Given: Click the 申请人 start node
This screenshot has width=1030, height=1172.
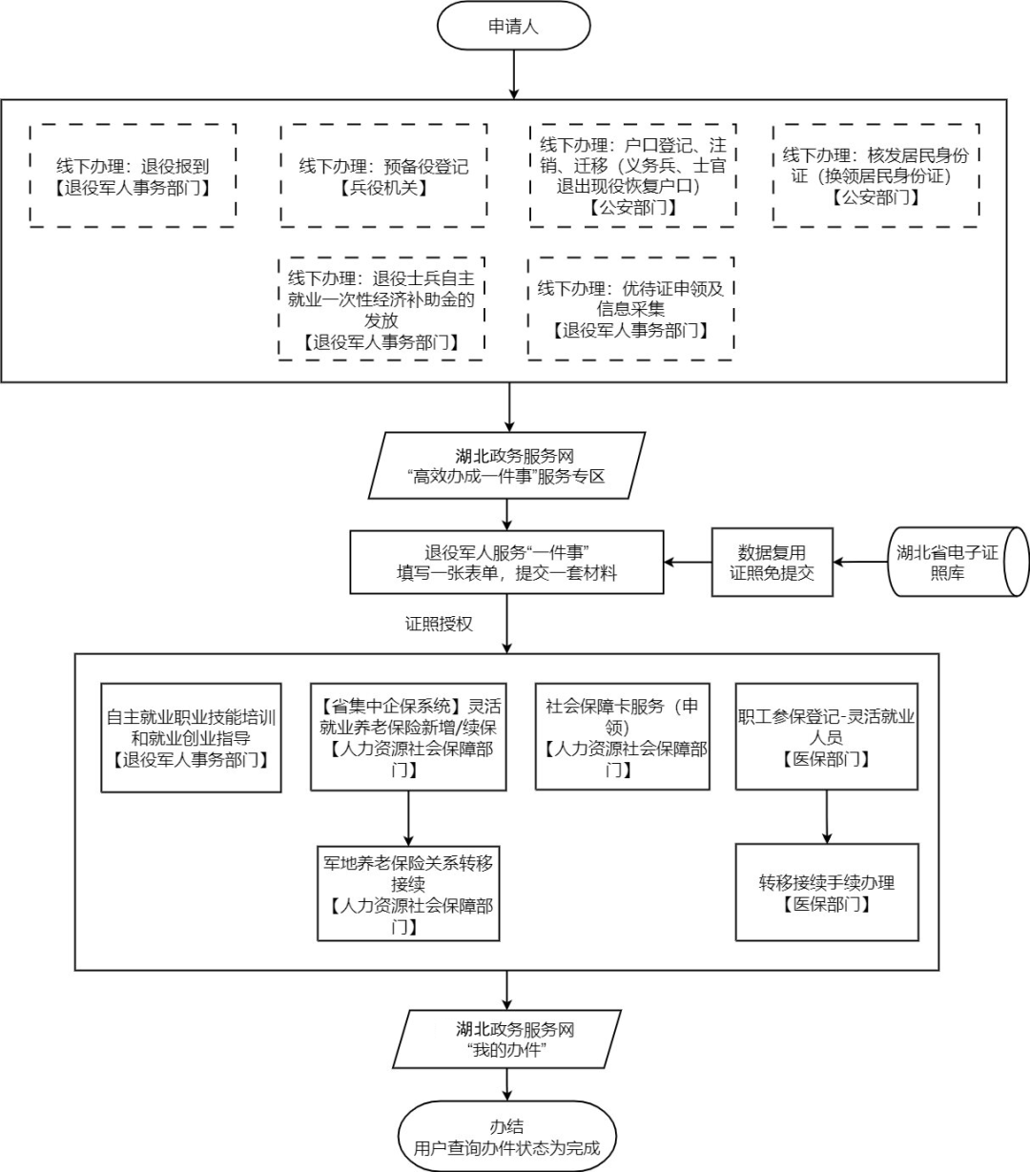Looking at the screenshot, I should [x=514, y=27].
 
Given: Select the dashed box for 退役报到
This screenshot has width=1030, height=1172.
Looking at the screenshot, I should [x=133, y=175].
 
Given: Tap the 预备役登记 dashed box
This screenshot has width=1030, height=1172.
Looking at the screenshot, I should [x=383, y=175].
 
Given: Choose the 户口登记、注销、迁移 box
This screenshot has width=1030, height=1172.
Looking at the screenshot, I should [x=632, y=175].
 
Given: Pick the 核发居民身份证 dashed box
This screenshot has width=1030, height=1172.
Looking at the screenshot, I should [x=875, y=175].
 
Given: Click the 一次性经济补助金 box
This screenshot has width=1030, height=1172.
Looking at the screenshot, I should [x=381, y=308].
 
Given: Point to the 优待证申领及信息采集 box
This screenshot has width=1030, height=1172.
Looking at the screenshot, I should [x=630, y=308].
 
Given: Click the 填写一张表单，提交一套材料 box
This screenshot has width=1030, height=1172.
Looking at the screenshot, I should [x=506, y=563].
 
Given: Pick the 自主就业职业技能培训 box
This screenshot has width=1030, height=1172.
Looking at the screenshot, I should [x=192, y=737].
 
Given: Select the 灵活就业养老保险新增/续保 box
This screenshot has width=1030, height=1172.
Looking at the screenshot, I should [x=408, y=737].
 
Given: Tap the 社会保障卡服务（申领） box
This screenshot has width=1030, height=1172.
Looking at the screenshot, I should [x=623, y=737].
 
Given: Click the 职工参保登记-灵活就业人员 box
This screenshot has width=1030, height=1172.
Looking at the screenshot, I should [x=827, y=737].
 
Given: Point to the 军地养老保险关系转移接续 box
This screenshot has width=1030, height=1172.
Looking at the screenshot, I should [x=408, y=893].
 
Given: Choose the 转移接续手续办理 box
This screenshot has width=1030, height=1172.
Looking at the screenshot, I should [x=827, y=893].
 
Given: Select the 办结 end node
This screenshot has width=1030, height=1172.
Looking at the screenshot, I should [x=506, y=1136].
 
